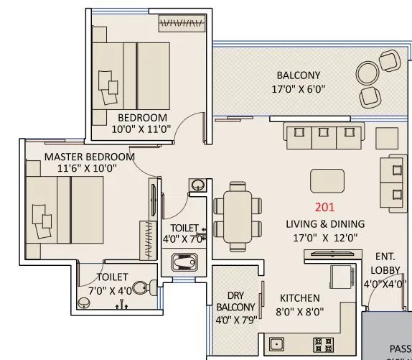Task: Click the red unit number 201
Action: click(x=324, y=209)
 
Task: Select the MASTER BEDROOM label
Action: click(x=89, y=156)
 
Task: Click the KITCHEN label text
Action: click(x=300, y=297)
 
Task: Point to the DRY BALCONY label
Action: click(x=235, y=301)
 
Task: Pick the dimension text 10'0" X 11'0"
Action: click(x=142, y=130)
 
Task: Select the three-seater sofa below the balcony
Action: click(x=322, y=133)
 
